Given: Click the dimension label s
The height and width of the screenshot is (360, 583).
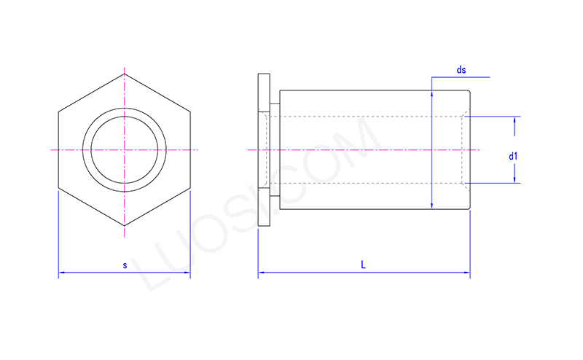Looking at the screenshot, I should coord(125,266).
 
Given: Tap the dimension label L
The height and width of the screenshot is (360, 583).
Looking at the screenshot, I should coord(363,265).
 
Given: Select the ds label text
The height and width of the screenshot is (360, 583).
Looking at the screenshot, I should coord(461,70).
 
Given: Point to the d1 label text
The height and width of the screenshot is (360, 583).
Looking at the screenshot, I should coord(513,156).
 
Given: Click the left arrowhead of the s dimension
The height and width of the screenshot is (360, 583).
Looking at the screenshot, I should coord(61,273).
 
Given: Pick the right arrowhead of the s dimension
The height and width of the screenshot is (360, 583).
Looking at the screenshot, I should coord(187,273).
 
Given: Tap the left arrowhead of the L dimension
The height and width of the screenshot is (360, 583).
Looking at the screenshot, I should coord(261,273).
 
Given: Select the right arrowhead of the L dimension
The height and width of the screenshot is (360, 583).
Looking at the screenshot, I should coord(467,273).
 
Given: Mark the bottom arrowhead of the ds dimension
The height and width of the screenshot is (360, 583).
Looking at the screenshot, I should coord(432,206).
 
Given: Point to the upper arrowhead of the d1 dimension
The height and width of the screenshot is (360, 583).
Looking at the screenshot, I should coord(515,120).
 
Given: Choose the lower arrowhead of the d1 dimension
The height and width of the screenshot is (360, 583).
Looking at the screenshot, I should coord(515,179).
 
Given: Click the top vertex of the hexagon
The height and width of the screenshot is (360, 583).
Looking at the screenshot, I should coord(125,74).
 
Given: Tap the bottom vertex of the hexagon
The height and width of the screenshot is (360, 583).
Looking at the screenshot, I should coord(125,226).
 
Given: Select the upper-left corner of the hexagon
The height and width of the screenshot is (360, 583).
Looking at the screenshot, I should coord(58,112).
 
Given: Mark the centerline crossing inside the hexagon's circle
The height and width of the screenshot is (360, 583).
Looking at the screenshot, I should coord(125,149).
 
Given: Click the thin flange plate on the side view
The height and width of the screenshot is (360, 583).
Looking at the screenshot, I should coord(264,149).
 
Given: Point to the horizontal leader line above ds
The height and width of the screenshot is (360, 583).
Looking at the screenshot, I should coord(461,77).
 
